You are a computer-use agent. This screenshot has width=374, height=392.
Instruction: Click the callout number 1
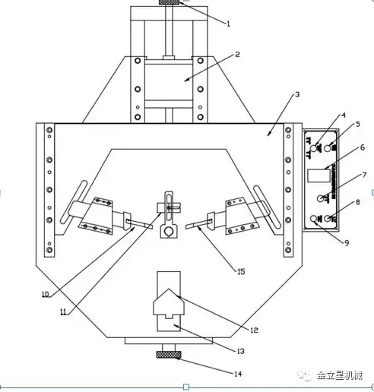coord(228,24)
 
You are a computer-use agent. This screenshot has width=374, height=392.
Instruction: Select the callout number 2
coord(237,55)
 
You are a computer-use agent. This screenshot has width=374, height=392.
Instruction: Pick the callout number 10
coord(45,294)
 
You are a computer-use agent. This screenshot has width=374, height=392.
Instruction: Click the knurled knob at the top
coord(170,5)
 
